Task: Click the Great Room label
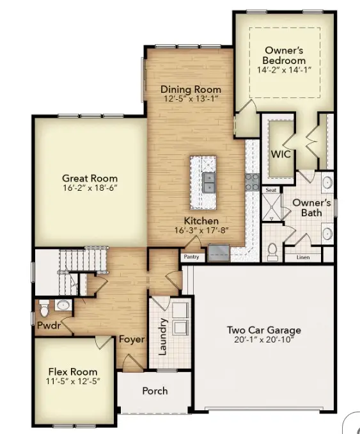point(90,179)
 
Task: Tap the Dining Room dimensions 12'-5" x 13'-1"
point(191,99)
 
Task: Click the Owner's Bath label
point(311,208)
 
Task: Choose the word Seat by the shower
point(270,190)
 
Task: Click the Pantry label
point(191,257)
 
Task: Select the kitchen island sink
point(208,182)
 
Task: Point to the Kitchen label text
point(194,220)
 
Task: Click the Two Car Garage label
point(263,330)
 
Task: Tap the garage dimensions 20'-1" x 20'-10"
point(263,340)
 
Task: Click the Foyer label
point(131,339)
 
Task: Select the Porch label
point(155,390)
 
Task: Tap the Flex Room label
point(73,371)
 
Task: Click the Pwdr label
point(48,325)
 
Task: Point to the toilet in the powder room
point(44,308)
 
